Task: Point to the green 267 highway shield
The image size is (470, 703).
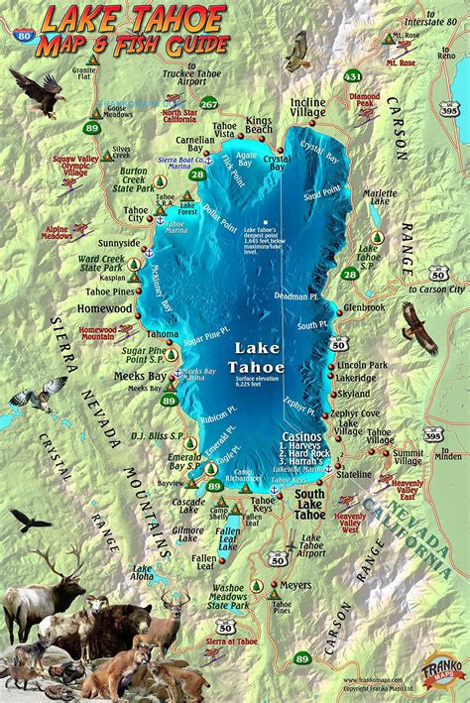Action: (209, 103)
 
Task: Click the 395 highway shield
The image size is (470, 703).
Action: (433, 433)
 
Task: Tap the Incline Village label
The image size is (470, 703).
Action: (308, 108)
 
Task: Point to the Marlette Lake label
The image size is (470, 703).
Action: (380, 200)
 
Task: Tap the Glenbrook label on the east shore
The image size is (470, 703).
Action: (363, 308)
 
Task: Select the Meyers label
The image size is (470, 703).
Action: (294, 586)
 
